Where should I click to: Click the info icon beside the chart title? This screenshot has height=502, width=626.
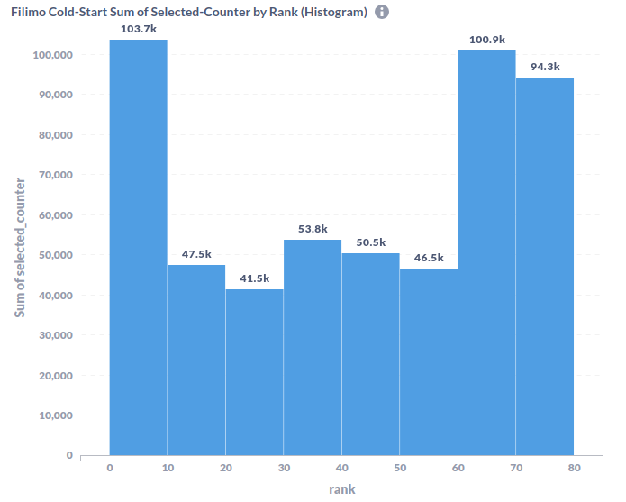click(x=382, y=13)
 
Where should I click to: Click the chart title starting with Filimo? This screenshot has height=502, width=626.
click(x=188, y=13)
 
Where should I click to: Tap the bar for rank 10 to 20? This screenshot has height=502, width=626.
click(x=196, y=360)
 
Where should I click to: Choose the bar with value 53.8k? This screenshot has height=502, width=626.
click(x=313, y=347)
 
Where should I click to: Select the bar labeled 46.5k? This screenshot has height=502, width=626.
click(x=429, y=361)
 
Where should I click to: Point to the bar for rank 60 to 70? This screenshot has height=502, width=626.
click(x=486, y=252)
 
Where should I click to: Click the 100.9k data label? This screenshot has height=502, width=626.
click(x=486, y=41)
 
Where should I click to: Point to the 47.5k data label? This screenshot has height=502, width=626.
click(x=196, y=255)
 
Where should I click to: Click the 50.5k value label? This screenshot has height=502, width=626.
click(x=370, y=243)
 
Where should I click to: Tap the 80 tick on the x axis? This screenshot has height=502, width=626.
click(x=574, y=469)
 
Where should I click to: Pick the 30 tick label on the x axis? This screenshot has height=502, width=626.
click(x=283, y=469)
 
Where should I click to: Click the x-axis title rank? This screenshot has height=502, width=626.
click(x=341, y=489)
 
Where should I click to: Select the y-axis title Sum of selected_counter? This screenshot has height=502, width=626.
click(x=19, y=248)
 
